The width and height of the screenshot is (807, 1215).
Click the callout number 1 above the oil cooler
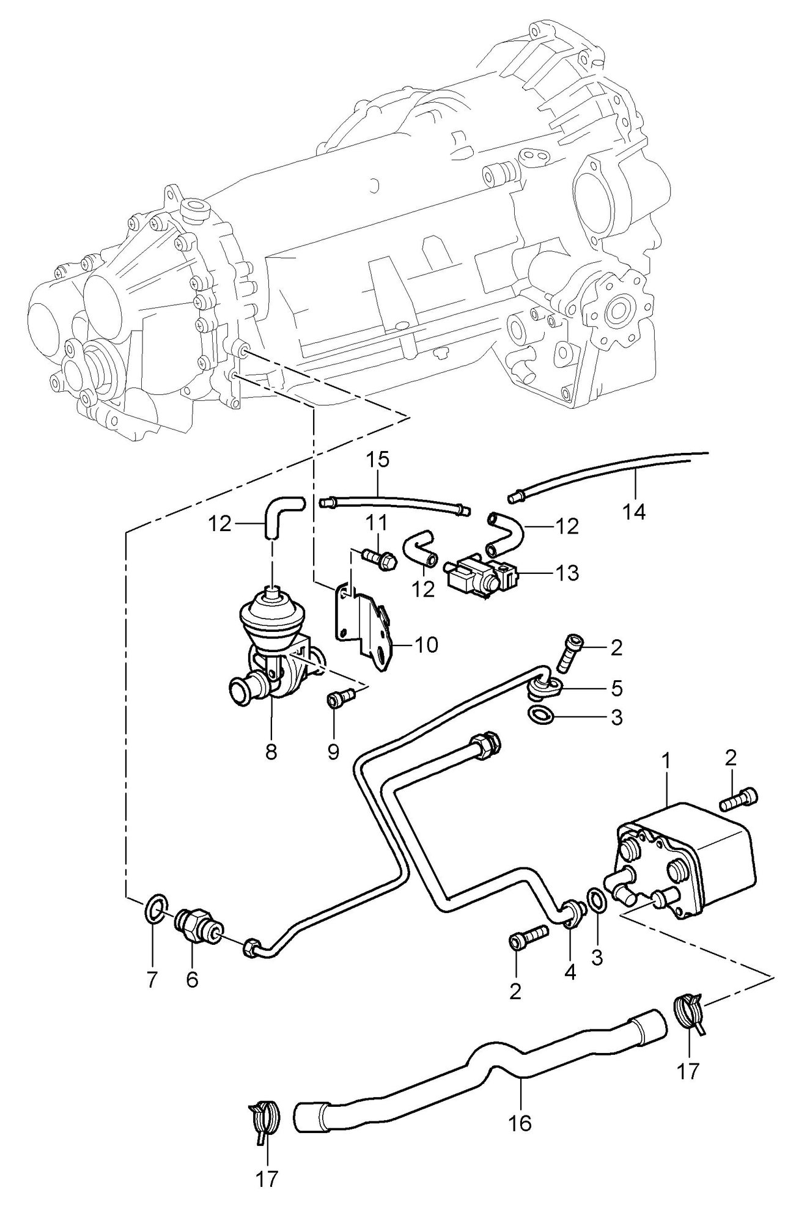click(x=667, y=761)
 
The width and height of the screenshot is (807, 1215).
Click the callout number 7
click(x=152, y=980)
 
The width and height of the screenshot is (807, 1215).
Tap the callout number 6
click(x=192, y=979)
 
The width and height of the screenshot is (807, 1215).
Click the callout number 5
click(x=616, y=689)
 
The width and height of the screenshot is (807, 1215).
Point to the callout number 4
click(x=570, y=972)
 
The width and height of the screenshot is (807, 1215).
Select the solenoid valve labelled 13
click(x=480, y=574)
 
